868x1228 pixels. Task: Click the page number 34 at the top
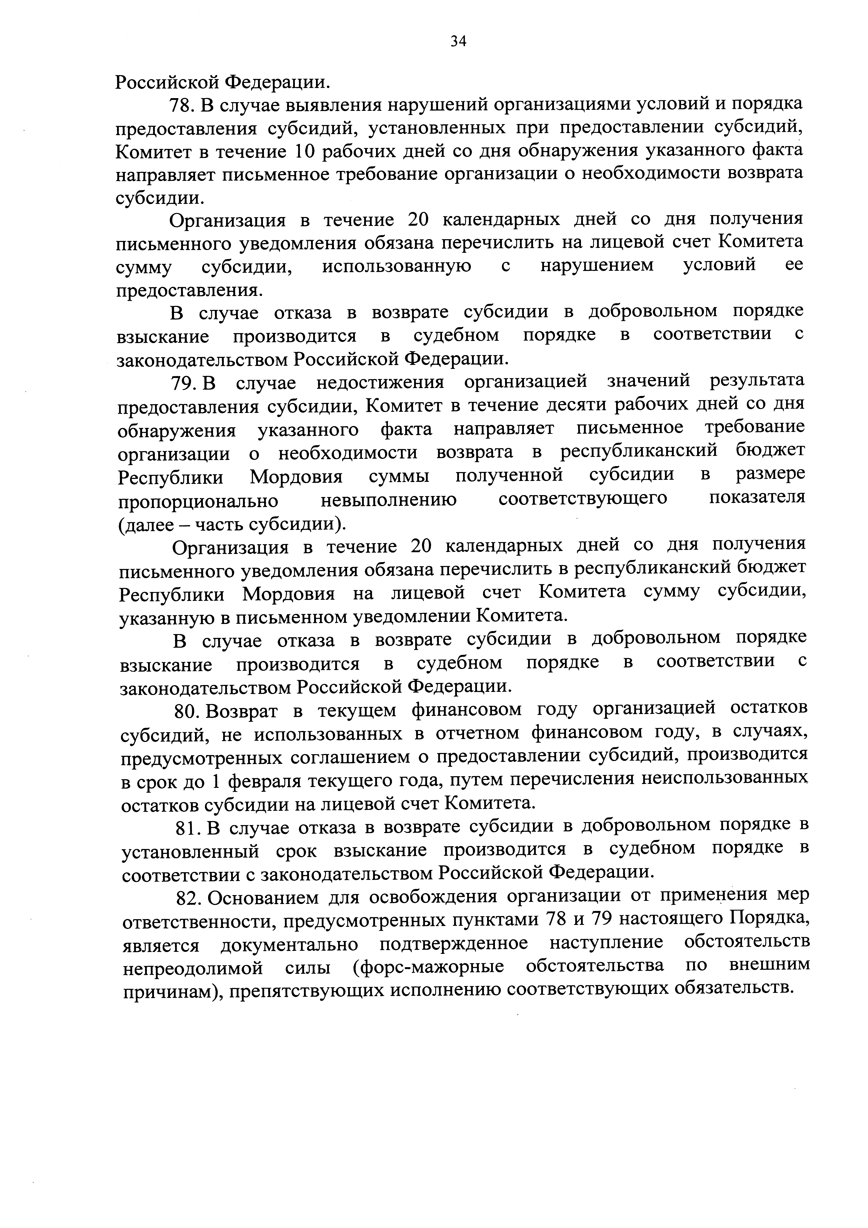tap(458, 41)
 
